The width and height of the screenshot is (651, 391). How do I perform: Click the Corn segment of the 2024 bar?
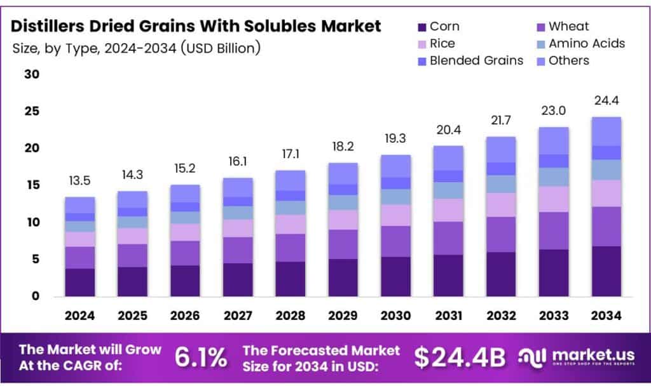click(79, 282)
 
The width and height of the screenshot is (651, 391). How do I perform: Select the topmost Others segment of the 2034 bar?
click(606, 131)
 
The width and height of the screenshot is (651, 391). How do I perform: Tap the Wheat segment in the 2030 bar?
click(395, 241)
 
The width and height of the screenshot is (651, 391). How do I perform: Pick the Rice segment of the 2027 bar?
click(237, 228)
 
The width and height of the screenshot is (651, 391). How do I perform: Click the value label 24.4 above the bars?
click(606, 100)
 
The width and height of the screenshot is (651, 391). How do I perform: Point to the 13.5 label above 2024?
click(79, 181)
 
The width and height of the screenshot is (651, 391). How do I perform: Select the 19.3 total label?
click(395, 138)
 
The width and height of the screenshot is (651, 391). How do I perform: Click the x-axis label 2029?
click(343, 315)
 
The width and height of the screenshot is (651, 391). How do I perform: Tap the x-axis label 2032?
click(500, 315)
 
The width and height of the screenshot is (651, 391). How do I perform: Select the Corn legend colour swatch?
click(421, 27)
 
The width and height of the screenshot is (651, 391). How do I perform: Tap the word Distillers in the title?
click(48, 26)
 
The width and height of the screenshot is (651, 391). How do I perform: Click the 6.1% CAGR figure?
click(201, 357)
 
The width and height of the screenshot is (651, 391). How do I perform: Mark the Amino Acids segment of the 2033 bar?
click(553, 177)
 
